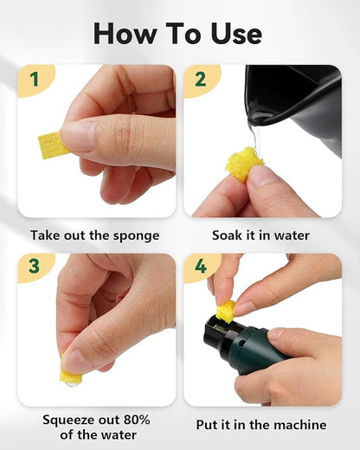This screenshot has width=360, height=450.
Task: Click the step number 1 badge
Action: tap(35, 80)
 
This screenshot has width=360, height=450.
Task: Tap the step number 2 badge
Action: tap(201, 80)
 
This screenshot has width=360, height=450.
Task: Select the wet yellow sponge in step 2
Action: tap(243, 163)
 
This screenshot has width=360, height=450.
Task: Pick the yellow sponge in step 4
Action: tap(226, 311)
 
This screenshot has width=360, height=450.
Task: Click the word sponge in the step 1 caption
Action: tap(135, 235)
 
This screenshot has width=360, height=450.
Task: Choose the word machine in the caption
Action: tap(297, 425)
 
